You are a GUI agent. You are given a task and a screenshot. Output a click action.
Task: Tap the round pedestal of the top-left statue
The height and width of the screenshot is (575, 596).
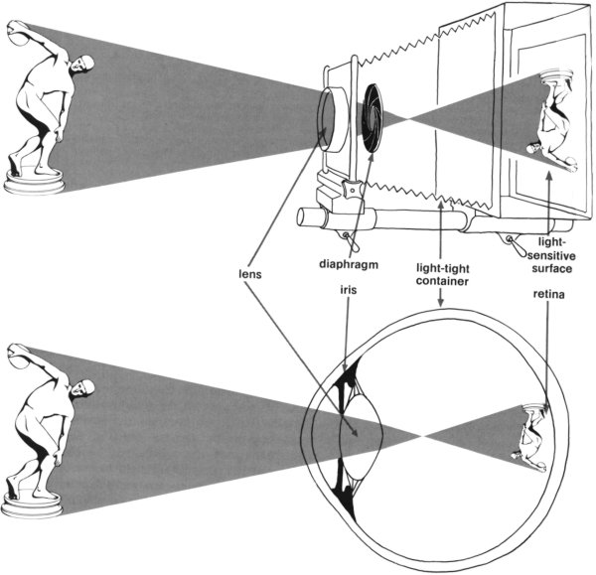34,181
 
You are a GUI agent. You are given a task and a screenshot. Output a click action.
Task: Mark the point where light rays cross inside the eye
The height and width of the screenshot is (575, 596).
423,433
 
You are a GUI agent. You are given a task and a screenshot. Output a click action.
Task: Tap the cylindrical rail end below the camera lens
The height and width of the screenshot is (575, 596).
309,217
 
